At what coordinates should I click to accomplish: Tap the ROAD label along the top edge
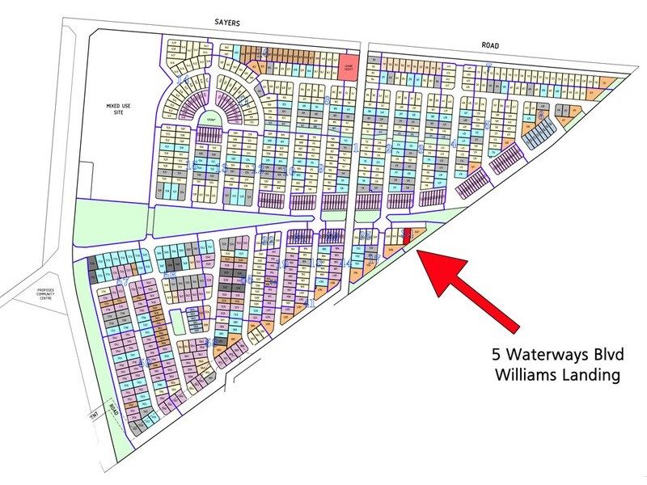(488, 46)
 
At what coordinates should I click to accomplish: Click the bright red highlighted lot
(407, 235)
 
